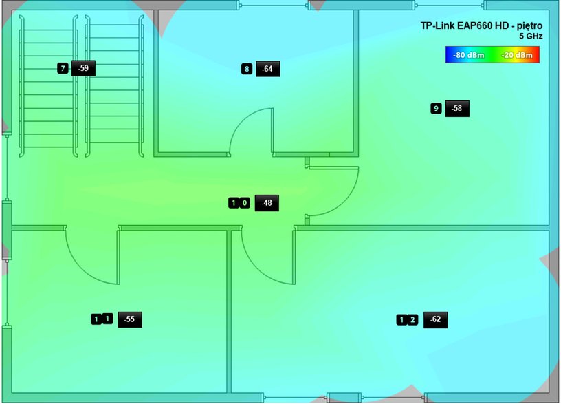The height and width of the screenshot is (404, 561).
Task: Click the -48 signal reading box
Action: pos(267,203)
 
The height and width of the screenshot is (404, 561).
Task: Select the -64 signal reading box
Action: pos(268,69)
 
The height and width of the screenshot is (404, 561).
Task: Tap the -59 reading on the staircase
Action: pos(83,68)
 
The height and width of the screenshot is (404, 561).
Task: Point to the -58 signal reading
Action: pos(457,109)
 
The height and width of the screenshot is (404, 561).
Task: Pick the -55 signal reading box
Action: pos(130,319)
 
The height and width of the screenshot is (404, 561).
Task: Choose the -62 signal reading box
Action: pos(435,320)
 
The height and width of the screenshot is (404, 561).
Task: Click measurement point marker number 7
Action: pos(63,68)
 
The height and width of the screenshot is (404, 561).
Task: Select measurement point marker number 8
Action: pos(247,69)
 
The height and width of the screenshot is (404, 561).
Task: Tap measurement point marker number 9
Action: pos(436,109)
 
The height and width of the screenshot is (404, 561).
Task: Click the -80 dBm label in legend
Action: pos(468,55)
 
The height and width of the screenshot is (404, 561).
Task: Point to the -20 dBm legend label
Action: pos(517,55)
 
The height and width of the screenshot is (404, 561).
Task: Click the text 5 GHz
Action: pos(531,36)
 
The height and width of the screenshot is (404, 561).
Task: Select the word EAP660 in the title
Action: pos(475,25)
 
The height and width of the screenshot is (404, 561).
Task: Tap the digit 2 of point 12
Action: pos(412,320)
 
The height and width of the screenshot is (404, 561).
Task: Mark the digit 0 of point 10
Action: pos(245,203)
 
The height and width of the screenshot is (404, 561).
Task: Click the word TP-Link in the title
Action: pos(437,25)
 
